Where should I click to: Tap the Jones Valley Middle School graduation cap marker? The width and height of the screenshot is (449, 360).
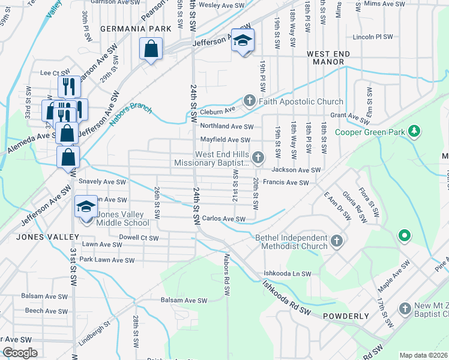(x=85, y=208)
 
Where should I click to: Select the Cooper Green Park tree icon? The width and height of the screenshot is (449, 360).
(x=413, y=131)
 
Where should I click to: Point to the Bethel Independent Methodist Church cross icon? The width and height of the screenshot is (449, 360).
(x=337, y=241)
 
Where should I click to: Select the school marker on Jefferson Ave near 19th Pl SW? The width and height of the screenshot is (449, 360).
(x=243, y=41)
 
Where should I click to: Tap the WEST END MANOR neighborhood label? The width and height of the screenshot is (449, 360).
(x=328, y=55)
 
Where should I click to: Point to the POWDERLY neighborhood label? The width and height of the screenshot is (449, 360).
(x=345, y=316)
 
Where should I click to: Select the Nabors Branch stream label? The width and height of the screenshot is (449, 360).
(x=131, y=115)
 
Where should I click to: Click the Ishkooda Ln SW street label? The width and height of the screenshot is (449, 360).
(x=287, y=274)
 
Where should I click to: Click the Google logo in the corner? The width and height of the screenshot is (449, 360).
(x=20, y=353)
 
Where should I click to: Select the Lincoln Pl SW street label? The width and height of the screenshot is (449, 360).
(x=372, y=37)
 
